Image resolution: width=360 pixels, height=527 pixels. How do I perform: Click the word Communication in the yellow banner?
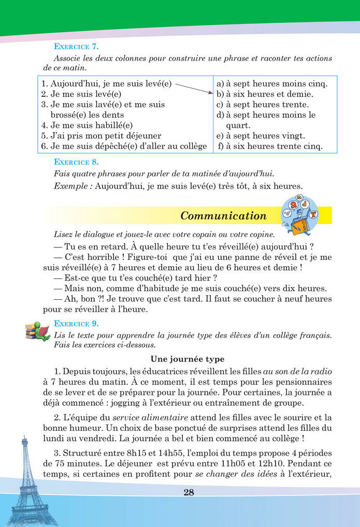(223, 216)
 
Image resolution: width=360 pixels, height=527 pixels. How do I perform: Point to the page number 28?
(189, 492)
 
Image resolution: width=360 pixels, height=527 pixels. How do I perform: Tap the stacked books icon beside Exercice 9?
(38, 330)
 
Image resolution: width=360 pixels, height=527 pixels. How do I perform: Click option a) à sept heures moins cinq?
(271, 83)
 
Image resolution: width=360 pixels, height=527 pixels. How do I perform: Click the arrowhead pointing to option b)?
(211, 93)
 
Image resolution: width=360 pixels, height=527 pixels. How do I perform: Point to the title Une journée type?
(187, 359)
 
